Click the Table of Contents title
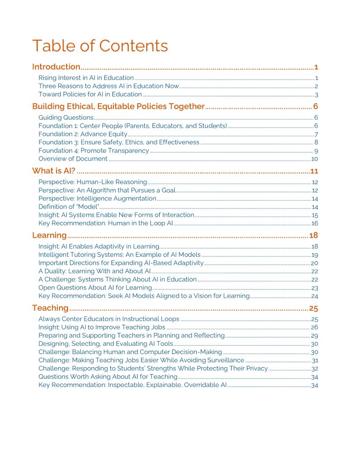(100, 46)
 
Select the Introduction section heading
(56, 67)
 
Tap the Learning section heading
(49, 235)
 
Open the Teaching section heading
(50, 308)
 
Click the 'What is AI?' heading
(54, 171)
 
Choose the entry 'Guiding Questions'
(65, 117)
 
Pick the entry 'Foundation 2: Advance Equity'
(82, 134)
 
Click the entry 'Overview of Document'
(73, 159)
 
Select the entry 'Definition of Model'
(68, 207)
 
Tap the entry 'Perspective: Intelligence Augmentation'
(97, 199)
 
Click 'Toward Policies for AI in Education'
(90, 94)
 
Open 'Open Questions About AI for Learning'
(95, 288)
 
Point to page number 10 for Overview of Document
(315, 159)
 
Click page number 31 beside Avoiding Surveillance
(315, 361)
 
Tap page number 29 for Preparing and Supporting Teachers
(315, 336)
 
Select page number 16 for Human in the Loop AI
(315, 223)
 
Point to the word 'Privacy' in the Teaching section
(256, 368)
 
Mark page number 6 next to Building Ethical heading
(316, 107)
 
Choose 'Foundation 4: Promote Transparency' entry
(94, 151)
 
